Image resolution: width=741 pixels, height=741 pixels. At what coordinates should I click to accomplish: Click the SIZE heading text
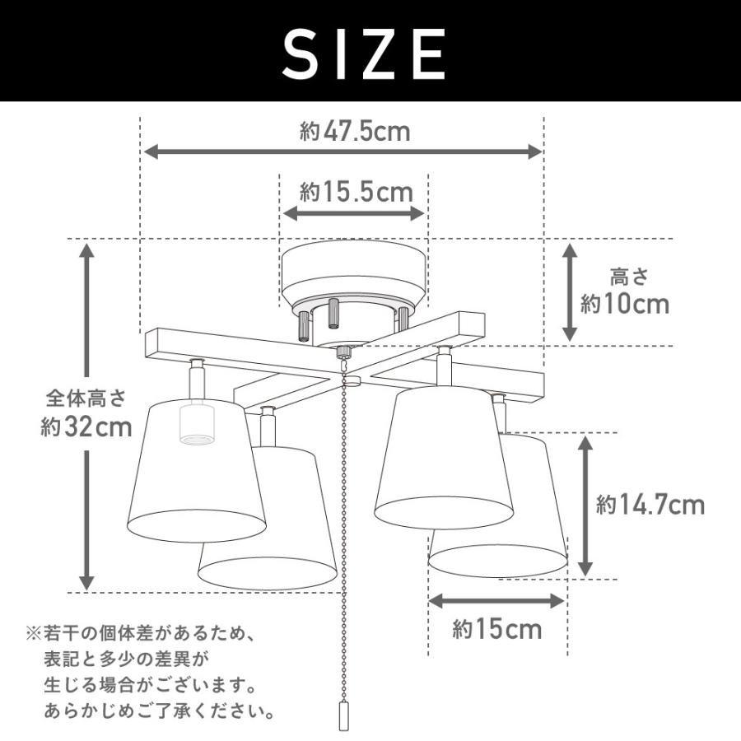coord(364,54)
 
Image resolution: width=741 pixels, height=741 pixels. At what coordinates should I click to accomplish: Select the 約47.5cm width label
coord(355,131)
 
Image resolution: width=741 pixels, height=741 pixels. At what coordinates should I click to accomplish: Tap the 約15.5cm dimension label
coord(357,192)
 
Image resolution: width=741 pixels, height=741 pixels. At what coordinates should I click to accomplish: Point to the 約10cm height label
coord(625,304)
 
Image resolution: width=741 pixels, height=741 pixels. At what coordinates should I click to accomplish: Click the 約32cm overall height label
coord(86,427)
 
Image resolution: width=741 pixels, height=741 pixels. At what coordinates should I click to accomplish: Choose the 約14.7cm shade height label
coord(650,505)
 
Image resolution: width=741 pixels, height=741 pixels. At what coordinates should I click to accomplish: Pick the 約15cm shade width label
coord(497,629)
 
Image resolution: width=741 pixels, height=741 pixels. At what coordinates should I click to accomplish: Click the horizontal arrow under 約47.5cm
coord(343,151)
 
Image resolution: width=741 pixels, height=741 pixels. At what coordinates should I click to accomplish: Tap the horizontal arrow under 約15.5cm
coord(354,213)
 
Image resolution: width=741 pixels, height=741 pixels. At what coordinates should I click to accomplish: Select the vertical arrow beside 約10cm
coord(570,292)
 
